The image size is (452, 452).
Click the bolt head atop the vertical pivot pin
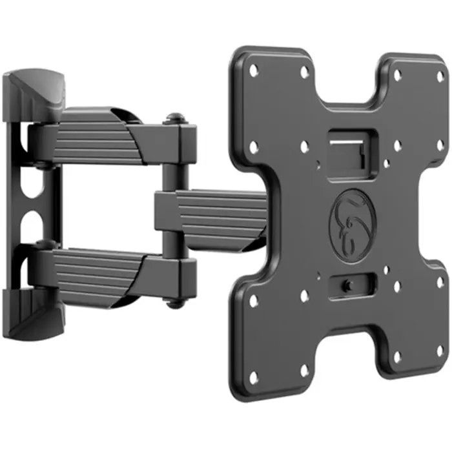click(x=173, y=119)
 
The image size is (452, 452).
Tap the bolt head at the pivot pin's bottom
click(x=173, y=301)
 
